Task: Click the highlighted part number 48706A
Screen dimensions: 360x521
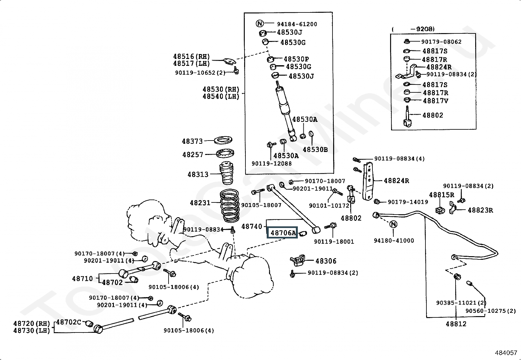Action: click(x=282, y=233)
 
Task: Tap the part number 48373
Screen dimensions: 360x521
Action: click(x=192, y=141)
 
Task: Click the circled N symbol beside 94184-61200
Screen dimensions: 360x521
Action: click(x=260, y=24)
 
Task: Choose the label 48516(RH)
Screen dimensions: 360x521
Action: click(x=191, y=57)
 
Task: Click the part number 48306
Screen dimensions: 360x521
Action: click(x=326, y=261)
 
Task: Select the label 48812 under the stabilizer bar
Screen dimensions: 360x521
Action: click(x=456, y=324)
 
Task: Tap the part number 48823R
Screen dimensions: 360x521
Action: click(x=480, y=210)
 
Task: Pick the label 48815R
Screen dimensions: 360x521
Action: click(x=441, y=195)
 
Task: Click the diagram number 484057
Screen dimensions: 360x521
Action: click(x=506, y=353)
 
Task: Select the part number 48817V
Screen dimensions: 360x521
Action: click(x=435, y=101)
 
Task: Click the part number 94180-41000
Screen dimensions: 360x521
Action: click(x=394, y=240)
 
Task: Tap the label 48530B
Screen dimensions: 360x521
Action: click(x=315, y=150)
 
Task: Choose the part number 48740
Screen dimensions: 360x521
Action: click(x=252, y=226)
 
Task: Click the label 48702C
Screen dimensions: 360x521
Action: click(x=68, y=322)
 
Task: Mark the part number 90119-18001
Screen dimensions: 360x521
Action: click(x=334, y=242)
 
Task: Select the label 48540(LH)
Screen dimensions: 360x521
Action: click(x=221, y=96)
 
